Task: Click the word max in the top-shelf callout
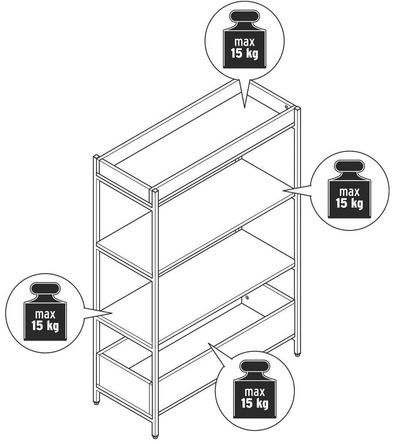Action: pos(245,42)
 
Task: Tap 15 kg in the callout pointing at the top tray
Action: pos(245,53)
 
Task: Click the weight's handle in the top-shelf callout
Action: pos(244,17)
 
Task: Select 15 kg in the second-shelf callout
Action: pos(349,203)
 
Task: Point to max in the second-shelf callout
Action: pos(349,192)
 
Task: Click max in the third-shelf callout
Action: pos(45,314)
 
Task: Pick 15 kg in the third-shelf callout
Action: pos(45,326)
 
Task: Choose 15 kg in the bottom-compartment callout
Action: pos(255,403)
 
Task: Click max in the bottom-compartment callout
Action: pos(255,392)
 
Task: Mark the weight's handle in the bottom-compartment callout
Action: pos(255,367)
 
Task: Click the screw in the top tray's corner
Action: pos(286,107)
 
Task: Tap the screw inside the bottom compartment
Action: pos(247,297)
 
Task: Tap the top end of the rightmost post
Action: pos(297,108)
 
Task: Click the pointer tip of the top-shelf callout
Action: pos(245,108)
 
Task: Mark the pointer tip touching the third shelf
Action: pos(113,313)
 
